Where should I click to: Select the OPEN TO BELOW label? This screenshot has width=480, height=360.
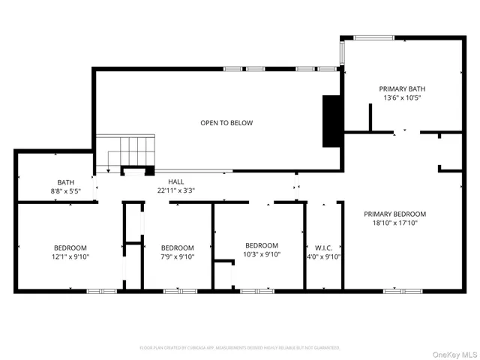click(226, 123)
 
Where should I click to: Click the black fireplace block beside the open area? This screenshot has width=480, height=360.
click(331, 121)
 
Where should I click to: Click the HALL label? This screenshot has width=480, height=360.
click(175, 181)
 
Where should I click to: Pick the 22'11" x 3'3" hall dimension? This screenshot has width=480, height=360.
click(175, 191)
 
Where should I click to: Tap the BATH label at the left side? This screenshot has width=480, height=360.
click(66, 182)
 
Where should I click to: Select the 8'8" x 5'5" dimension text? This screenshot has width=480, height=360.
click(66, 192)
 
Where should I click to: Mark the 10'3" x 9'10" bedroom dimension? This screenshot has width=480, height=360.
click(262, 255)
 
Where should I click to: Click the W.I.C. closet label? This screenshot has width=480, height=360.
click(324, 247)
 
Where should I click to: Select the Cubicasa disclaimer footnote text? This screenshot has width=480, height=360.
click(240, 347)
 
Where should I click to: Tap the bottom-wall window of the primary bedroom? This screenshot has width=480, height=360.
click(397, 290)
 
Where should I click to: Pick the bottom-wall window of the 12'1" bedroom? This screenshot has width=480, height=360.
click(97, 290)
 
